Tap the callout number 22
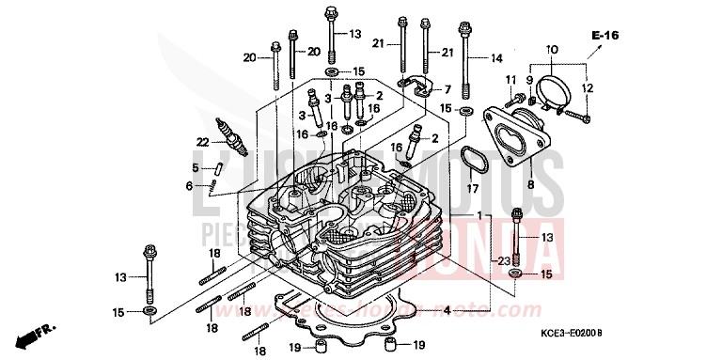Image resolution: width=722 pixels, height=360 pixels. (x=202, y=142)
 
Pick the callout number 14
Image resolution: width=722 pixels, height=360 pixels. (x=497, y=58)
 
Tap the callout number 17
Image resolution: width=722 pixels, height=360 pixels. (x=470, y=188)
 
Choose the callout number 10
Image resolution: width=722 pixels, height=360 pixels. (x=551, y=48)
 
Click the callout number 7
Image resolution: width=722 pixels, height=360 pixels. (x=447, y=89)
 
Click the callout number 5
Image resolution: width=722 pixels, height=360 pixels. (x=196, y=168)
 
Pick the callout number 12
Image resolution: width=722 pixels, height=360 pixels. (x=589, y=88)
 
